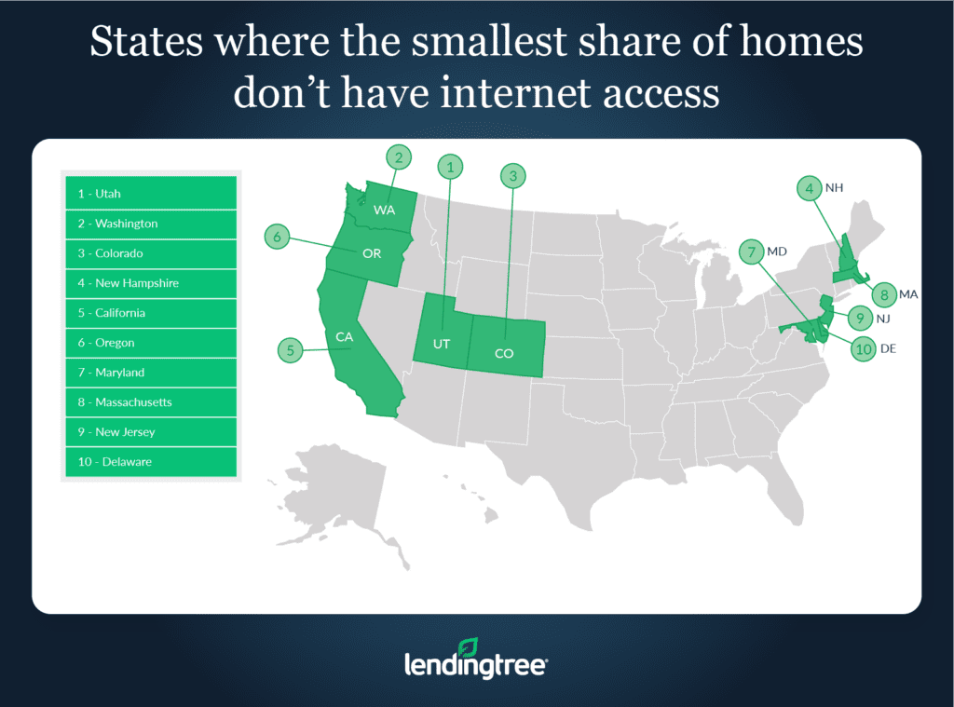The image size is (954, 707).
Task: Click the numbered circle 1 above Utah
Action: tap(451, 168)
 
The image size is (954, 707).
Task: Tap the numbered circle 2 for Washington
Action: tap(398, 158)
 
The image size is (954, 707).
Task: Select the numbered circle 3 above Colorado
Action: tap(511, 174)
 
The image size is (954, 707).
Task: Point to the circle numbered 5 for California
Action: tap(290, 350)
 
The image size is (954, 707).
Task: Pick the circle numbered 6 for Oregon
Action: tap(277, 237)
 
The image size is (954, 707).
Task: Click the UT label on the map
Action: tap(442, 344)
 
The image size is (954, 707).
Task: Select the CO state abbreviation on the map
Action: tap(504, 353)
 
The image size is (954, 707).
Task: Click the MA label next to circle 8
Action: tap(908, 294)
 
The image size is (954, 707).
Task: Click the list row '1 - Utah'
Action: tap(150, 194)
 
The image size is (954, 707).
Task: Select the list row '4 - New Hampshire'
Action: tap(150, 283)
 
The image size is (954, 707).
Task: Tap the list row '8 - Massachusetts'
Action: tap(150, 402)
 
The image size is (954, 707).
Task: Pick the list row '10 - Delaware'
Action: tap(150, 462)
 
